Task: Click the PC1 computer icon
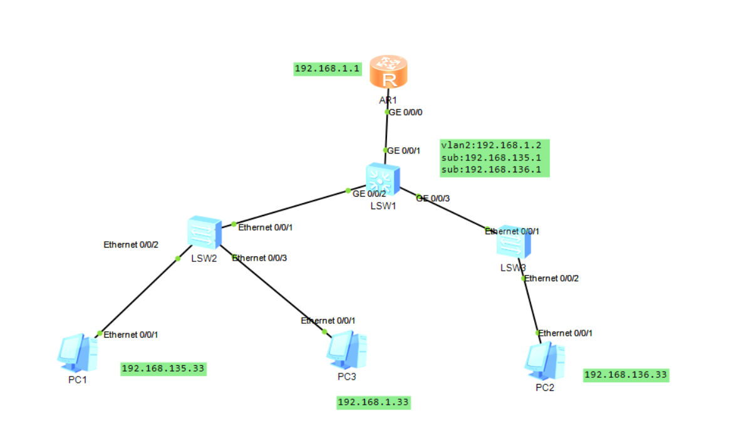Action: point(78,352)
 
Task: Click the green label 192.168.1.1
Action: point(328,69)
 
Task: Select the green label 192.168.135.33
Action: point(163,368)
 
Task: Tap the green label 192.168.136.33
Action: point(626,375)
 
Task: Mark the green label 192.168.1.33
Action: point(374,402)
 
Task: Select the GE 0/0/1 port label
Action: point(404,150)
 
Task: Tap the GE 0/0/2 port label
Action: point(370,194)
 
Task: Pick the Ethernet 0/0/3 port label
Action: point(259,258)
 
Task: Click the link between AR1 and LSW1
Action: point(386,132)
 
